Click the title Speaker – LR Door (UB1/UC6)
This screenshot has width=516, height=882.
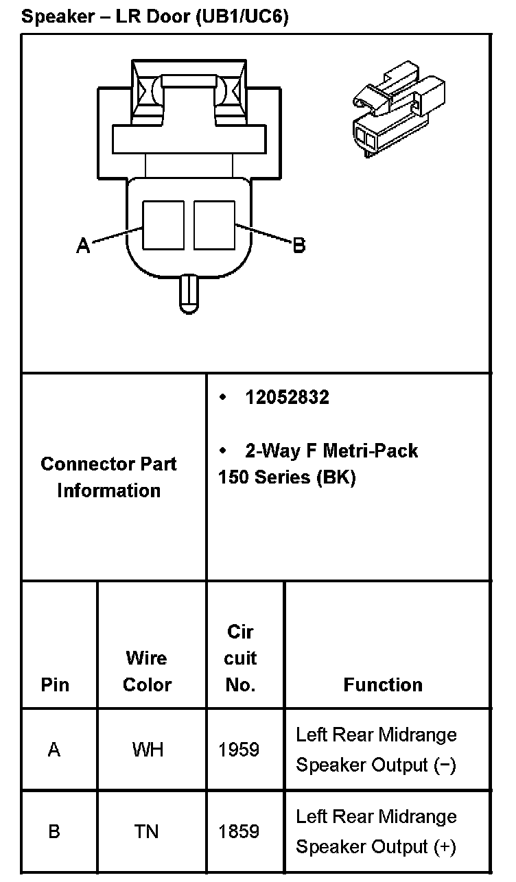(x=155, y=16)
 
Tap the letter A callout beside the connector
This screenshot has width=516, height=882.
(x=83, y=246)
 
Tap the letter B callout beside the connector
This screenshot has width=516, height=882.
(x=298, y=245)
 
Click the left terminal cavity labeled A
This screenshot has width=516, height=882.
(x=163, y=225)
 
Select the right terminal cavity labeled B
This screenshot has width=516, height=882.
(x=214, y=225)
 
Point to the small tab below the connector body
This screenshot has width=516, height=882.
(x=188, y=294)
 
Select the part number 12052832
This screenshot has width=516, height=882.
(x=287, y=397)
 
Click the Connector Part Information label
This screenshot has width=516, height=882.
(x=109, y=477)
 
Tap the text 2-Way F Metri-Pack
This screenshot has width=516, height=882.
(x=331, y=451)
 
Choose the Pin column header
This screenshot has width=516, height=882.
(x=55, y=684)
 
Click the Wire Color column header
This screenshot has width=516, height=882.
(x=147, y=671)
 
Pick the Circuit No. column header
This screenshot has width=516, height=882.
(x=240, y=658)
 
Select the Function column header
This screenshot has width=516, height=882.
(x=383, y=684)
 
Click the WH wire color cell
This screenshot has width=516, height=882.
(x=147, y=750)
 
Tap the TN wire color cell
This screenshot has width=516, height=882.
(x=146, y=832)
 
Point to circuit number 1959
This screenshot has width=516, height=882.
(x=239, y=750)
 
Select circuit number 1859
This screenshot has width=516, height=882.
(x=239, y=832)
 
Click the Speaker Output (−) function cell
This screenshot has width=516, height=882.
(x=376, y=750)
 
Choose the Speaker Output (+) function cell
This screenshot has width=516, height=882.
(x=376, y=832)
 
